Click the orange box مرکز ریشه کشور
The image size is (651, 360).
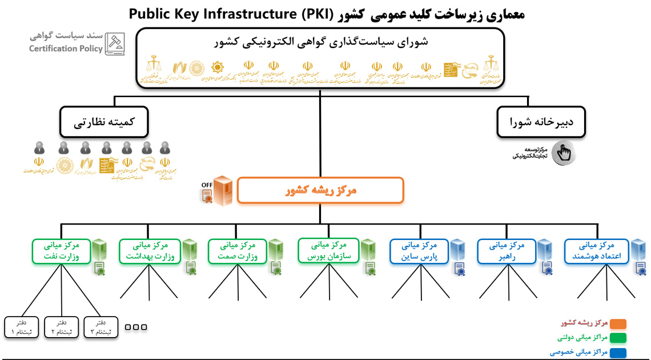pyautogui.click(x=320, y=190)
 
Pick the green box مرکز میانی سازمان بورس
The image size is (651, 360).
pyautogui.click(x=328, y=251)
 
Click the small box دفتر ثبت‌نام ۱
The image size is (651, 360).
pyautogui.click(x=21, y=327)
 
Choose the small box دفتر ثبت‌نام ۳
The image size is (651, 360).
pyautogui.click(x=101, y=327)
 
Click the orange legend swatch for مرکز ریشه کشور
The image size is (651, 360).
pyautogui.click(x=618, y=324)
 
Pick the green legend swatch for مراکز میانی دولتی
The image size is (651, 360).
pyautogui.click(x=618, y=338)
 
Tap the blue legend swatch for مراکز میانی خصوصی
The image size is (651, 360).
pyautogui.click(x=618, y=353)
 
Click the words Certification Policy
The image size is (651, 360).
pyautogui.click(x=66, y=49)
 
